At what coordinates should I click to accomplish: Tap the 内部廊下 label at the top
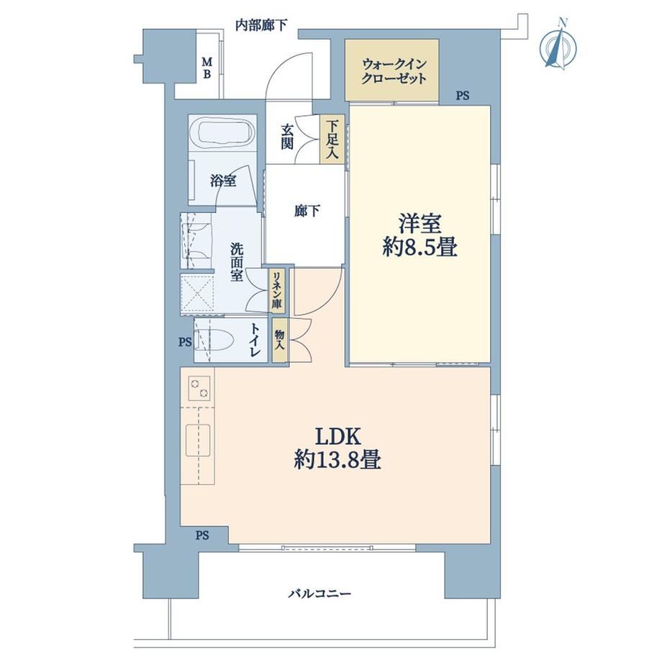(x=261, y=25)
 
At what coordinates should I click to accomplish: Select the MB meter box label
(x=207, y=68)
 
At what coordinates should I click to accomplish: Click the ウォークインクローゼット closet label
(x=393, y=71)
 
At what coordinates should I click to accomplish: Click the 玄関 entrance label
(x=287, y=137)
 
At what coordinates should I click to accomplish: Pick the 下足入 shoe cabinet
(x=332, y=140)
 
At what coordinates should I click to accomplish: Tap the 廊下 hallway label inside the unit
(x=307, y=211)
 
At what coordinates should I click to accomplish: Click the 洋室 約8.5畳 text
(x=420, y=235)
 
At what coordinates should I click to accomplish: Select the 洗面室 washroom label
(x=236, y=262)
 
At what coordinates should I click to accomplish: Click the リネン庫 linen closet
(x=277, y=291)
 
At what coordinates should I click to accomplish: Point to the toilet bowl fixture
(x=214, y=340)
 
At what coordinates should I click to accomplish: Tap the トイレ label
(x=255, y=340)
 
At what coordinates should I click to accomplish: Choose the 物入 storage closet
(x=279, y=340)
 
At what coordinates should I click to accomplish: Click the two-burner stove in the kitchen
(x=199, y=389)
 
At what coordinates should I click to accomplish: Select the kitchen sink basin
(x=198, y=440)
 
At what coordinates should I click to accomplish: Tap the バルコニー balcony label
(x=319, y=594)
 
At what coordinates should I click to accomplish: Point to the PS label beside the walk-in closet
(x=462, y=96)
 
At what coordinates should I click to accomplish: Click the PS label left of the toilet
(x=185, y=342)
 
